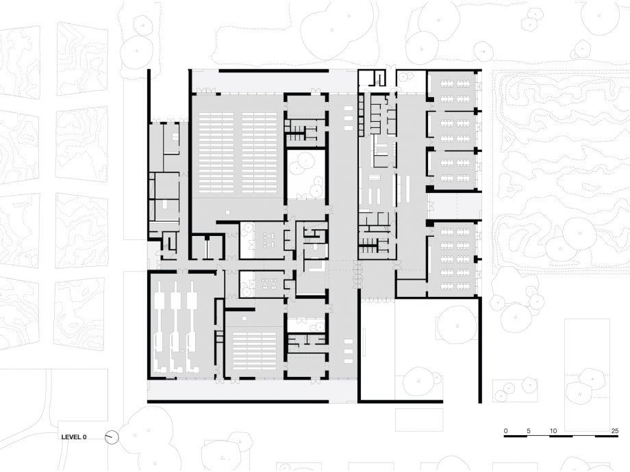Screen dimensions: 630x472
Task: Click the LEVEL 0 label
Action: pyautogui.click(x=73, y=437)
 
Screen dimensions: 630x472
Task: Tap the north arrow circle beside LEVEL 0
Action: pyautogui.click(x=112, y=437)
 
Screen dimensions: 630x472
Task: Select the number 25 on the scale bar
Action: pyautogui.click(x=614, y=431)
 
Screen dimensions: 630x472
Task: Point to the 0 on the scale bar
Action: pyautogui.click(x=505, y=431)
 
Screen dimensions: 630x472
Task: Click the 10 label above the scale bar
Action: pyautogui.click(x=553, y=431)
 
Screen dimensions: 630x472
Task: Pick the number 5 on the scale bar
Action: pyautogui.click(x=529, y=431)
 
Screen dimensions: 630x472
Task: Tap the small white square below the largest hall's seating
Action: pyautogui.click(x=227, y=211)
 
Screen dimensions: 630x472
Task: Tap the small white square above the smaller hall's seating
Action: pyautogui.click(x=244, y=318)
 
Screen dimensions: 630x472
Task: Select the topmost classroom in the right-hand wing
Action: pyautogui.click(x=453, y=90)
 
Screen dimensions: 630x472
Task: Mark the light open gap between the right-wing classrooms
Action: pyautogui.click(x=454, y=206)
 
